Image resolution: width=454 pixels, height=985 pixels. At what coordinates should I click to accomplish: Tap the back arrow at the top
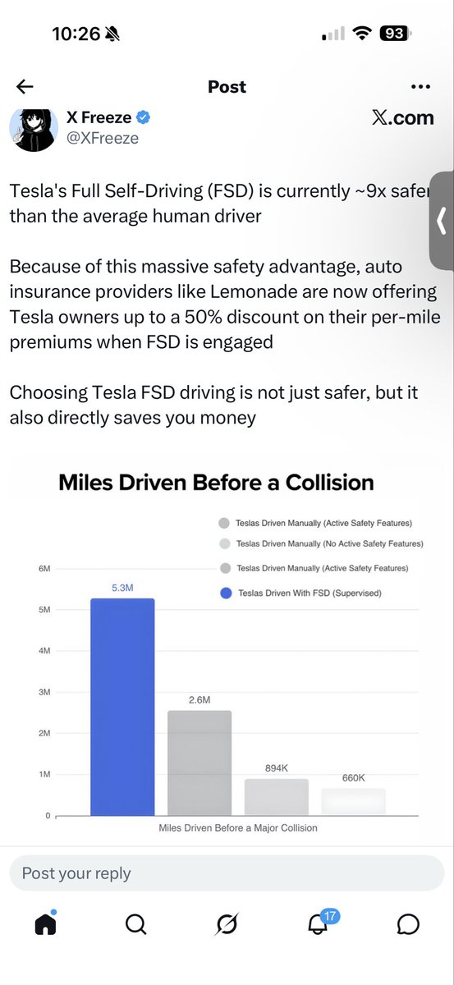pyautogui.click(x=25, y=87)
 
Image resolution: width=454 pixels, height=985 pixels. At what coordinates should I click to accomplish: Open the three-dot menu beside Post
pyautogui.click(x=420, y=87)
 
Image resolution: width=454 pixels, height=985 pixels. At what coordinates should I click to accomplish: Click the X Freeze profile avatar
pyautogui.click(x=33, y=127)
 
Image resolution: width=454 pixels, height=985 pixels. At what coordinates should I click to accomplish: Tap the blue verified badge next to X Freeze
pyautogui.click(x=143, y=118)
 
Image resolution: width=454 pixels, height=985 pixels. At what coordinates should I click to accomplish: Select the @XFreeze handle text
pyautogui.click(x=102, y=138)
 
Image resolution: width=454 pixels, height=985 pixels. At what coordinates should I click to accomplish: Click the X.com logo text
pyautogui.click(x=402, y=118)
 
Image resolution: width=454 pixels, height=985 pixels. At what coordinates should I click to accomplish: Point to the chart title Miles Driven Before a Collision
pyautogui.click(x=216, y=482)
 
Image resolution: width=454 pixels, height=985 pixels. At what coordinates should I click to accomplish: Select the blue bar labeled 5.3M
pyautogui.click(x=122, y=707)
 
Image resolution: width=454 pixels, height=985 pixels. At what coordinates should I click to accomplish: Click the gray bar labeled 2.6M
pyautogui.click(x=199, y=763)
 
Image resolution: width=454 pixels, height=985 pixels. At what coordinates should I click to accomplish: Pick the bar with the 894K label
pyautogui.click(x=277, y=797)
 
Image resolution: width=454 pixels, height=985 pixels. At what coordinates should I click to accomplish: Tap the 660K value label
pyautogui.click(x=353, y=777)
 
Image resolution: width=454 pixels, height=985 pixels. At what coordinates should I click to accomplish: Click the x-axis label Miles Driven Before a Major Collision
pyautogui.click(x=238, y=828)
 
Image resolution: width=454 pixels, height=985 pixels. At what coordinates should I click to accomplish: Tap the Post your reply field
pyautogui.click(x=227, y=873)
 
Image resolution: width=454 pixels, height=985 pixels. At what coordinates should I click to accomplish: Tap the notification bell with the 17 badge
pyautogui.click(x=318, y=923)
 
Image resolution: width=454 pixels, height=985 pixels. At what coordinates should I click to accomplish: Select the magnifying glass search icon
pyautogui.click(x=136, y=924)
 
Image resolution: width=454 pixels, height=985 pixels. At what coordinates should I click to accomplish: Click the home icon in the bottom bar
pyautogui.click(x=45, y=924)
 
